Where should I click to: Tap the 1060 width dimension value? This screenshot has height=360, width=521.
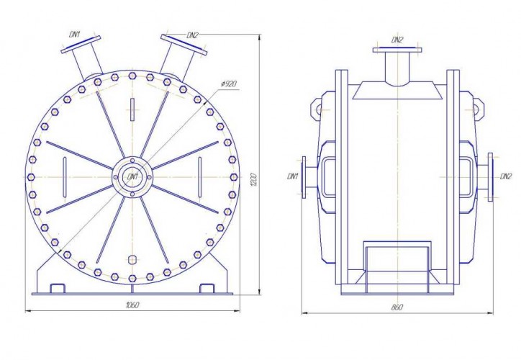[x=131, y=305]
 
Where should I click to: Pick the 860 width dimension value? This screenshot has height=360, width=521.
[x=397, y=307]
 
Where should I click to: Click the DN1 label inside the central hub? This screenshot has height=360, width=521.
[x=132, y=176]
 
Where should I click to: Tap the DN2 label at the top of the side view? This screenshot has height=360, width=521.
[x=397, y=38]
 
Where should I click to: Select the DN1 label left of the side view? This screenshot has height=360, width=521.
[x=292, y=176]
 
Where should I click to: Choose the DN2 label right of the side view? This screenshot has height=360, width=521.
[x=505, y=176]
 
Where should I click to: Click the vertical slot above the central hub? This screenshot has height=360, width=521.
[x=132, y=109]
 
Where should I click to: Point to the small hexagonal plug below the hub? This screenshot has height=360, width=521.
[x=131, y=259]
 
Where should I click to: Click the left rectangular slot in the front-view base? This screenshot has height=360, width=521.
[x=58, y=288]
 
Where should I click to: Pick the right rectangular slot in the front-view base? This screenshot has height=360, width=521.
[x=206, y=288]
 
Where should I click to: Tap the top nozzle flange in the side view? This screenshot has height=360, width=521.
[x=397, y=50]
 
